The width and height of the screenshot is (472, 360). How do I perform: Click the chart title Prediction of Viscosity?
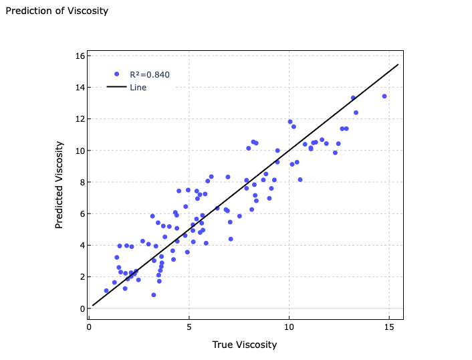57,11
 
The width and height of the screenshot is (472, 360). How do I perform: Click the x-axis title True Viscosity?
244,345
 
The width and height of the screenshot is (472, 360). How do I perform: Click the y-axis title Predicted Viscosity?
60,185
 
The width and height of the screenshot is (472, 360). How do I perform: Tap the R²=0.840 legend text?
150,75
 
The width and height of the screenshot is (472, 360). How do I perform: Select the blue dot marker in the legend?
117,74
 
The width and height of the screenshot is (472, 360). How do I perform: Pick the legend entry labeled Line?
138,88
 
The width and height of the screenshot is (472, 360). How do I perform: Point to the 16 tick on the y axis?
80,56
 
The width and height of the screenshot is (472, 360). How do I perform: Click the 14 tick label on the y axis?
80,88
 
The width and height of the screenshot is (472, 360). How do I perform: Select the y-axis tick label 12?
80,119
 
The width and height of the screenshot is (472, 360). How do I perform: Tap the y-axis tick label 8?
82,182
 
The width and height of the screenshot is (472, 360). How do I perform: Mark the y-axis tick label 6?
82,214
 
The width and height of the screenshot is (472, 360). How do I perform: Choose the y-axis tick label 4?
82,246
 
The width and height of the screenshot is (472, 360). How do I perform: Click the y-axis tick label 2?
82,277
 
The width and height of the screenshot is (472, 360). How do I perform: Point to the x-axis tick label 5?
189,327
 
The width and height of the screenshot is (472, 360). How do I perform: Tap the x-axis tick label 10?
289,327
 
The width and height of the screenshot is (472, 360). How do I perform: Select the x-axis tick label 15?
389,327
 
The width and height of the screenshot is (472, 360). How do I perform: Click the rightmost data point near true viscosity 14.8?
384,96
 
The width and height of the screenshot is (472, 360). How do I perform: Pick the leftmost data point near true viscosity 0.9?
106,291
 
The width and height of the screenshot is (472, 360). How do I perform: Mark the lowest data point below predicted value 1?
154,295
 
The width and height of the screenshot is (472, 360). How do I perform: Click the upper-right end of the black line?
398,65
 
